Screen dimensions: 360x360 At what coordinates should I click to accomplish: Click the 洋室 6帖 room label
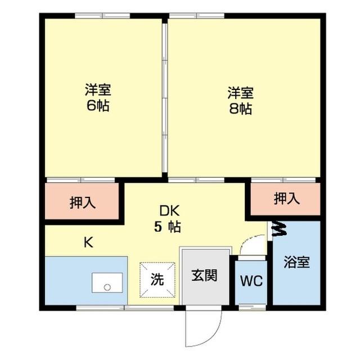97,97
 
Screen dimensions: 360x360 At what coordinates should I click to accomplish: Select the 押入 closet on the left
82,202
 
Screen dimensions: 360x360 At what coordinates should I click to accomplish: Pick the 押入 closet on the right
286,198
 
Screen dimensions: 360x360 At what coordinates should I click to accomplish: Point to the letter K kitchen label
88,242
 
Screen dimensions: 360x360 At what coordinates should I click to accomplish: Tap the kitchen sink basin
106,283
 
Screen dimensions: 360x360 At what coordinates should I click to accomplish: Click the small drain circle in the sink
106,287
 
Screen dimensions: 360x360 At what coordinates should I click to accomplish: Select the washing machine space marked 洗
157,279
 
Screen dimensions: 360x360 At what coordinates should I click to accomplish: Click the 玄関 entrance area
205,276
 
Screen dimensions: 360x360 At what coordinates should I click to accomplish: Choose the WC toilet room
251,281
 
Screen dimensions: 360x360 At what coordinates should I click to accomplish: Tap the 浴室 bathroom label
296,262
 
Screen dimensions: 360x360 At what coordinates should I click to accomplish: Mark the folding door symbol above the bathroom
277,229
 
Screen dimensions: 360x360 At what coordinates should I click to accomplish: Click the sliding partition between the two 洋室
164,98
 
